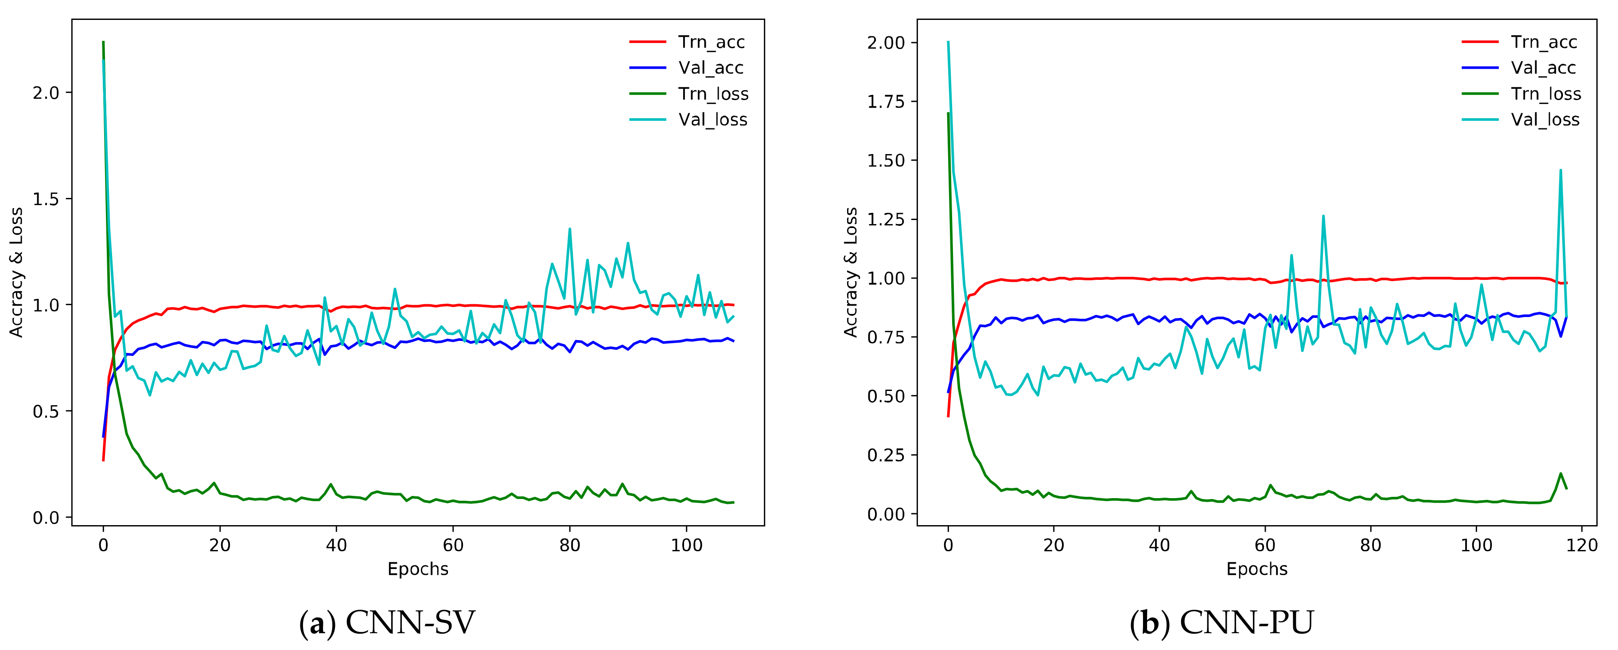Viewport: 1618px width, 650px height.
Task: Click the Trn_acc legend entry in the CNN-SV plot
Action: coord(711,42)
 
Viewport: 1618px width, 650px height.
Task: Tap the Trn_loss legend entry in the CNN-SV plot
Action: coord(713,93)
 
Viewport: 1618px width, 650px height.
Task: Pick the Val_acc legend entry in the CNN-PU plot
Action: coord(1543,68)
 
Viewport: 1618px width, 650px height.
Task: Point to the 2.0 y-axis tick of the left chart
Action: coord(45,93)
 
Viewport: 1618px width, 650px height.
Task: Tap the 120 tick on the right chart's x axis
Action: coord(1582,545)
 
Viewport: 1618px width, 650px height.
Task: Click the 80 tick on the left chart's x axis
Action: coord(570,545)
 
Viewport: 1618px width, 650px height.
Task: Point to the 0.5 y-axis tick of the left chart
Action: coord(45,411)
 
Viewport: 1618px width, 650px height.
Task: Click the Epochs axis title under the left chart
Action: coord(418,569)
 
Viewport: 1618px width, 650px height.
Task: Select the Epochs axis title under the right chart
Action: coord(1257,569)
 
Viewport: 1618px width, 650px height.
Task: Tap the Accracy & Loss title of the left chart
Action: coord(16,272)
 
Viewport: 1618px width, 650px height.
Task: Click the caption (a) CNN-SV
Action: coord(387,623)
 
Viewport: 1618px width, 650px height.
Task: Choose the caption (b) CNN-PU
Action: coord(1221,623)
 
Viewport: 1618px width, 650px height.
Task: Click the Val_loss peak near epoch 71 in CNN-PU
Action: coord(1323,216)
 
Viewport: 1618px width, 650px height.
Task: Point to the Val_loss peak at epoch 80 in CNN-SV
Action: coord(570,229)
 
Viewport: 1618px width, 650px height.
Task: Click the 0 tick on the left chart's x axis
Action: coord(103,545)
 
